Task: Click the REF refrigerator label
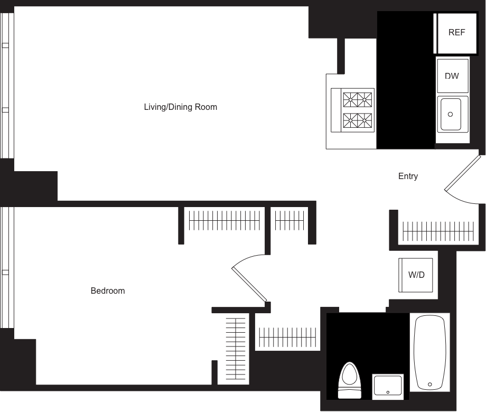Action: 457,33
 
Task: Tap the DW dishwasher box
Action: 452,77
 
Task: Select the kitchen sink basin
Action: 452,113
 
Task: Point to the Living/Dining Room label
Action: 181,107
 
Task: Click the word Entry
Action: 408,176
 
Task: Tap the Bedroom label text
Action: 108,291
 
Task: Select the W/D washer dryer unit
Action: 416,275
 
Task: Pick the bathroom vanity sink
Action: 388,385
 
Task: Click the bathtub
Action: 429,352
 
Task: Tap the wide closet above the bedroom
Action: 225,220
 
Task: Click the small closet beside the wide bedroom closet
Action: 290,220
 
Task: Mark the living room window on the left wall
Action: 7,85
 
